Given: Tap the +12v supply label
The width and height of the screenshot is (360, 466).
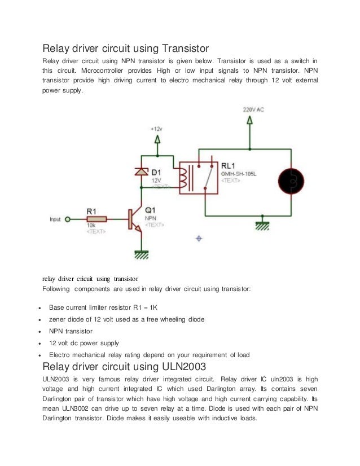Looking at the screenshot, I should pyautogui.click(x=157, y=129).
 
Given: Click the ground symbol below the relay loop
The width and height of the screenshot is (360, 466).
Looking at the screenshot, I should pyautogui.click(x=262, y=224).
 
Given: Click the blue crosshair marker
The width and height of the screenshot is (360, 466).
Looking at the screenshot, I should pyautogui.click(x=198, y=239).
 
